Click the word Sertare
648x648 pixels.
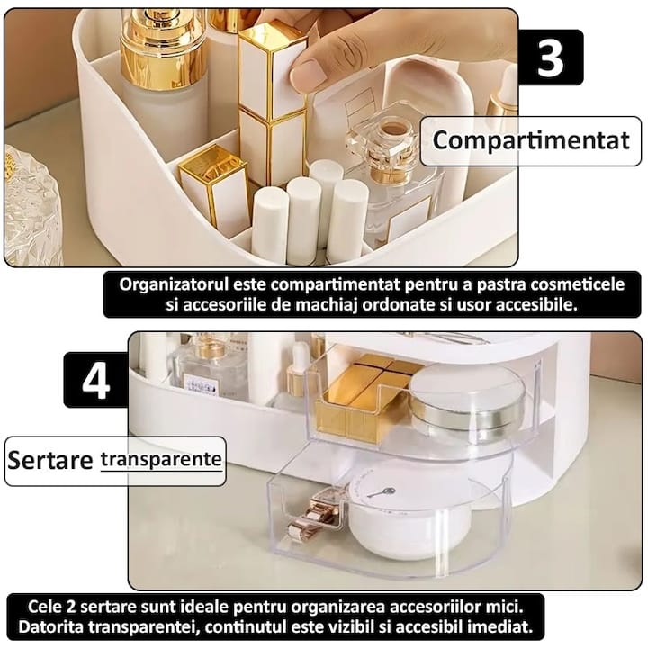click(x=50, y=460)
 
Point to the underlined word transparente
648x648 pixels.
click(x=161, y=458)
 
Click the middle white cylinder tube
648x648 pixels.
click(x=303, y=217)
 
